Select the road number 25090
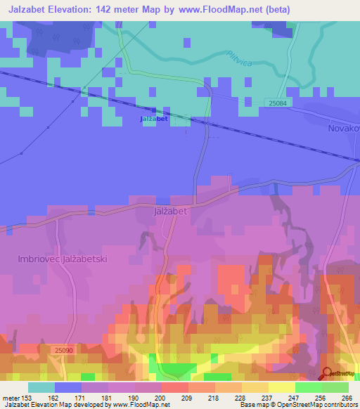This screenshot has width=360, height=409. coord(63,349)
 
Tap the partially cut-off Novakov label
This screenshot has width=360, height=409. coord(343,129)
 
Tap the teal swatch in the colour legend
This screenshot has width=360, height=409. coord(41,387)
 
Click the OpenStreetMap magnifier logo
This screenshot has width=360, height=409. coord(327,373)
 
